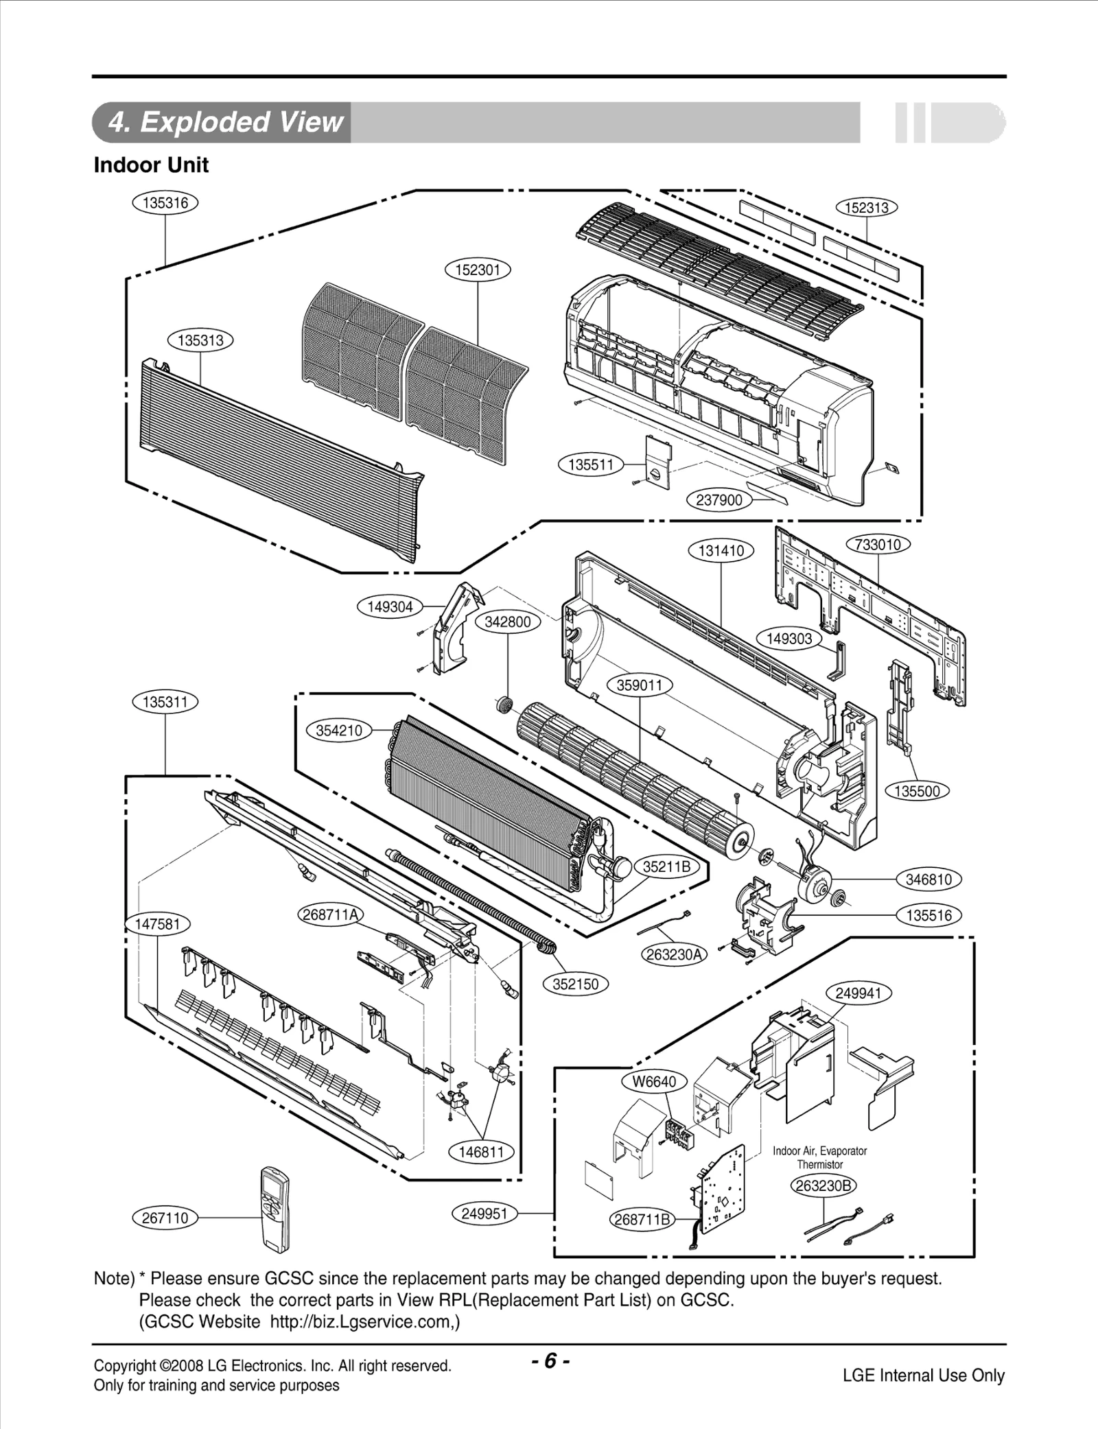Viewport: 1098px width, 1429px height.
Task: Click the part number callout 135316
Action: point(165,203)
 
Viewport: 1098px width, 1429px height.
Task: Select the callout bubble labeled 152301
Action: point(478,270)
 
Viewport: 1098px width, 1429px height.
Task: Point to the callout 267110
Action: point(165,1218)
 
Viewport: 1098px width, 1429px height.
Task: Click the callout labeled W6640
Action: point(654,1082)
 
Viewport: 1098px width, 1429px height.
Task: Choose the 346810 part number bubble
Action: point(928,879)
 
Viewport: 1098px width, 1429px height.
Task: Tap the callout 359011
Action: point(640,685)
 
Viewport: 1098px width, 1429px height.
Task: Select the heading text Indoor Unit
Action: point(151,165)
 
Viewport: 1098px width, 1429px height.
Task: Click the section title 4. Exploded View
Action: point(224,122)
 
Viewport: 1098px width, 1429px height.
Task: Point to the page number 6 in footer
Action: point(550,1360)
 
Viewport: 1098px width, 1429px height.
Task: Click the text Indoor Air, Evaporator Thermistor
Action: point(819,1157)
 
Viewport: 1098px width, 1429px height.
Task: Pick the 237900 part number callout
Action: point(719,500)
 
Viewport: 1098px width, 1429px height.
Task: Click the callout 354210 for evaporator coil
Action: point(339,731)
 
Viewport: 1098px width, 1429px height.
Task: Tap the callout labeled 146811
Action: point(482,1152)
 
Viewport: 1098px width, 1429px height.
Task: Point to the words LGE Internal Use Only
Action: point(923,1375)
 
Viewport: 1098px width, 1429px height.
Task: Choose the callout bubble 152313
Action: point(867,208)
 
